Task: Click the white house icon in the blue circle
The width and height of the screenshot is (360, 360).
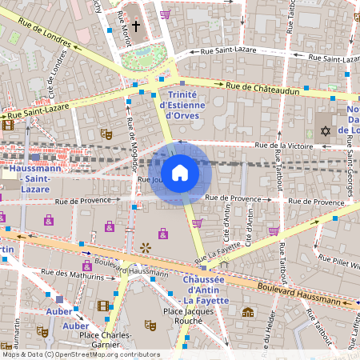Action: pos(180,172)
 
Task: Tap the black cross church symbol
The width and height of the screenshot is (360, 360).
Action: pos(135,26)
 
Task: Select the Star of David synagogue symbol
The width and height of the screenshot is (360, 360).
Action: pos(325,130)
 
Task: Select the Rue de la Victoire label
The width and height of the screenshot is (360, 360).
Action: pos(285,146)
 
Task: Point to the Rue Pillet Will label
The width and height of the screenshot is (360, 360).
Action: pos(342,262)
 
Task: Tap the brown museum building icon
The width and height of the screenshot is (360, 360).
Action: pos(248,312)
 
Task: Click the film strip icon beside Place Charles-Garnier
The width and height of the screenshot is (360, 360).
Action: pos(102,306)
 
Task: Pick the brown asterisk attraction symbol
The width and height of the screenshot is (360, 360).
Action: pos(146,248)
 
